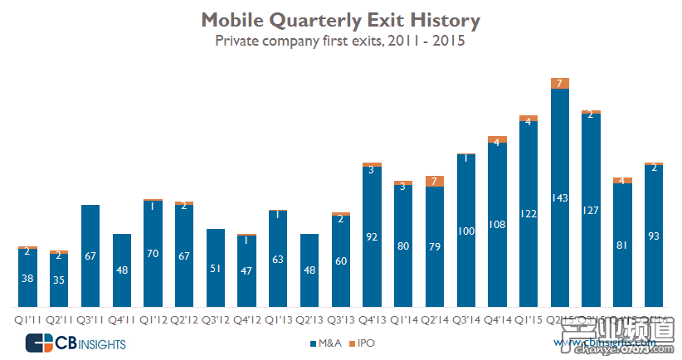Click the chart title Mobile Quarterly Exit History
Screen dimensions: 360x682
click(x=340, y=19)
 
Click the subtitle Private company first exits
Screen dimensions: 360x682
click(x=340, y=40)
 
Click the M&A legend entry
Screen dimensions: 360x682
click(x=329, y=342)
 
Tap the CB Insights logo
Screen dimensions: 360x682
click(x=76, y=343)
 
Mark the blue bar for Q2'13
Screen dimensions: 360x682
click(x=309, y=270)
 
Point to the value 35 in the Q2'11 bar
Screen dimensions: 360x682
click(x=59, y=280)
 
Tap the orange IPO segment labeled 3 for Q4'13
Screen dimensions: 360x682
click(x=373, y=168)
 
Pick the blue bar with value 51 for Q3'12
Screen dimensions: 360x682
click(x=216, y=268)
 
